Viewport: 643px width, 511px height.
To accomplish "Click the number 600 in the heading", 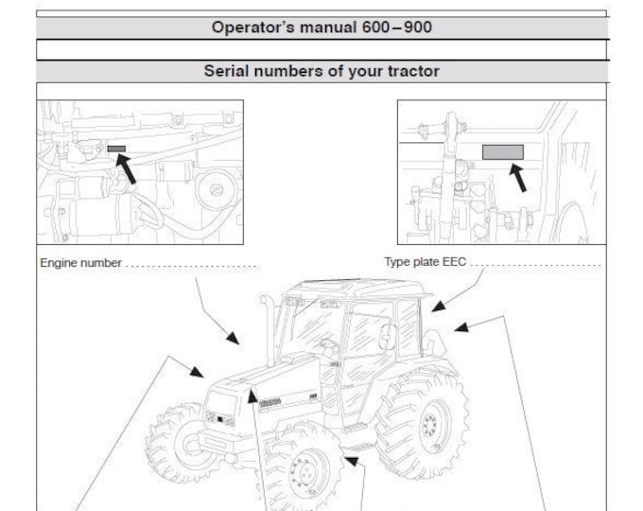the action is tap(375, 27).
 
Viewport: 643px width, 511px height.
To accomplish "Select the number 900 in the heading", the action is tap(418, 27).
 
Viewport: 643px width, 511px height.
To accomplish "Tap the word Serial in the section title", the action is tap(226, 71).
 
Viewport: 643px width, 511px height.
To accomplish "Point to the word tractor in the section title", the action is tap(413, 71).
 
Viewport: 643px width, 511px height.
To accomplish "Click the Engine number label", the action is tap(80, 263).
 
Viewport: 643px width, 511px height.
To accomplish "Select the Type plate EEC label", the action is tap(426, 262).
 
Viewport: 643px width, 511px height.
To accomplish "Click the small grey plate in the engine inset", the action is tap(116, 149).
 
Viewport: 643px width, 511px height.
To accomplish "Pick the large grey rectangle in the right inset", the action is tap(503, 151).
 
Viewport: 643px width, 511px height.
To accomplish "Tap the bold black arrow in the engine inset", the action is tap(126, 168).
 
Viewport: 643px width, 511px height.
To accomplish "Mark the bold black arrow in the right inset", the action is tap(518, 178).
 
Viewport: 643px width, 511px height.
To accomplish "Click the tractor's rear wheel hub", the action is tap(431, 424).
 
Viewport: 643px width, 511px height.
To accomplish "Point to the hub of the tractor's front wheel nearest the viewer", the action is tap(304, 472).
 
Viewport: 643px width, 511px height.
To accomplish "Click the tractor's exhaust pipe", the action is tap(269, 328).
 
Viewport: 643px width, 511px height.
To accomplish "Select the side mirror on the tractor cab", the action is tap(387, 337).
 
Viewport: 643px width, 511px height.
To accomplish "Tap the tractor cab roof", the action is tap(356, 289).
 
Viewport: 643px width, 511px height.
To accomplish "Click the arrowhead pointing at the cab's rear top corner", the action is tap(438, 307).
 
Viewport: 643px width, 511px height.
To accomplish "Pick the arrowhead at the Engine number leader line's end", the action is tap(234, 338).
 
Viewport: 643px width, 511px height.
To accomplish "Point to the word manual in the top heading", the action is tap(328, 27).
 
